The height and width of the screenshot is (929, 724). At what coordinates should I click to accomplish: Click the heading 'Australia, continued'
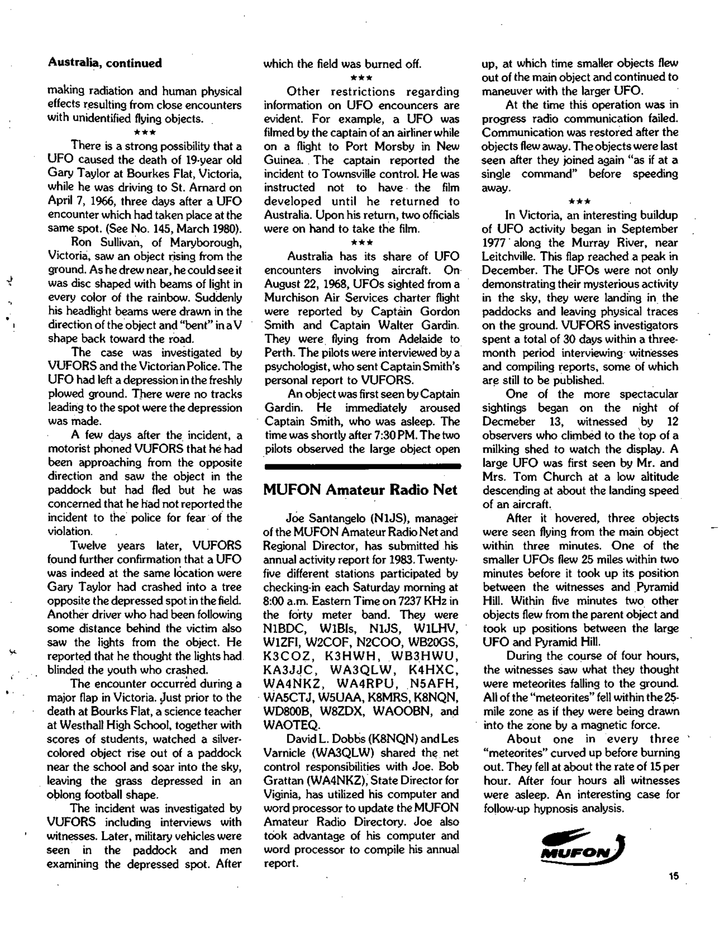(x=105, y=63)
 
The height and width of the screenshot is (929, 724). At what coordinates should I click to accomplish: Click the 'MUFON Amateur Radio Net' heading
(x=360, y=489)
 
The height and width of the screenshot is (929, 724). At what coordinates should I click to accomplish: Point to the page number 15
(x=673, y=876)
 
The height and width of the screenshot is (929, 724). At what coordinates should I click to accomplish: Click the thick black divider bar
(x=362, y=466)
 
